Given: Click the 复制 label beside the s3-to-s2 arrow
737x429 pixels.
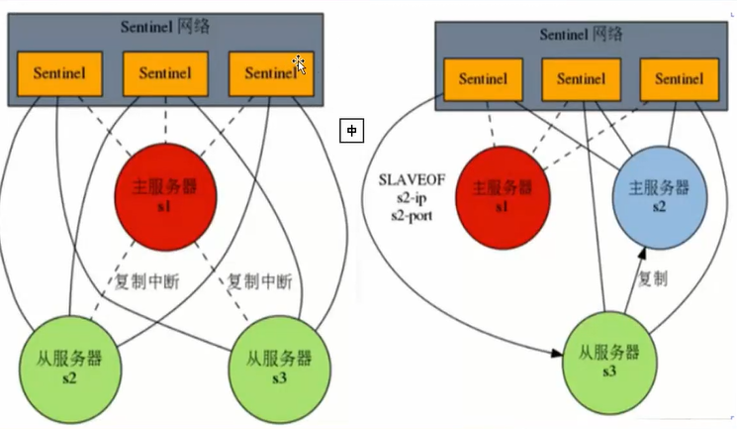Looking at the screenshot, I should click(655, 280).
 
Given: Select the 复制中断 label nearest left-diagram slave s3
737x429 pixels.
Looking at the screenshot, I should click(260, 280).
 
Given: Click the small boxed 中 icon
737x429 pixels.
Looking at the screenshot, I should click(350, 130).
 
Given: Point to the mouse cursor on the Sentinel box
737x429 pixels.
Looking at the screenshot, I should click(300, 64).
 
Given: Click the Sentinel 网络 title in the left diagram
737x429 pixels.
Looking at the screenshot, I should click(164, 26).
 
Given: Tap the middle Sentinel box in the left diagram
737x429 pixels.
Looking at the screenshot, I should click(164, 73).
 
